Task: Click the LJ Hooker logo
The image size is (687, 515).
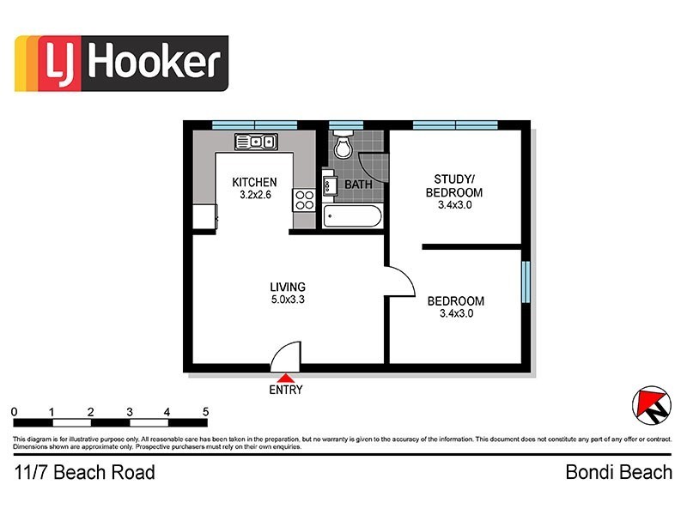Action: pos(121,63)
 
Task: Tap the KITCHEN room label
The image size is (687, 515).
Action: pos(254,182)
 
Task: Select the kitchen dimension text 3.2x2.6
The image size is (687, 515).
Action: pos(254,195)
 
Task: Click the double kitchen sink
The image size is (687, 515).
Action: pos(255,142)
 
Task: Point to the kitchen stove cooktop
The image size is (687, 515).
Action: pos(304,200)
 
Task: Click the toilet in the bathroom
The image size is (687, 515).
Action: pos(343,147)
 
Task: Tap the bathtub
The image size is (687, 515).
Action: pos(353,215)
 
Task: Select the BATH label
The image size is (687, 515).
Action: pos(357,185)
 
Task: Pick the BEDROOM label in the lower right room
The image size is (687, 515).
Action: pos(455,301)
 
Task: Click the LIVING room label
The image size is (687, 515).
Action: pos(288,287)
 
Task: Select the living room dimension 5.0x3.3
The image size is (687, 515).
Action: pos(288,300)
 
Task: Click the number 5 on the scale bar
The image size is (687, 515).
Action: pos(206,412)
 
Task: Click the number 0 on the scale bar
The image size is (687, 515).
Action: pos(15,412)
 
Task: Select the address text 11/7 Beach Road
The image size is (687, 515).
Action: pos(84,472)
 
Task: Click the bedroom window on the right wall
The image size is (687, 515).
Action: pos(526,282)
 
